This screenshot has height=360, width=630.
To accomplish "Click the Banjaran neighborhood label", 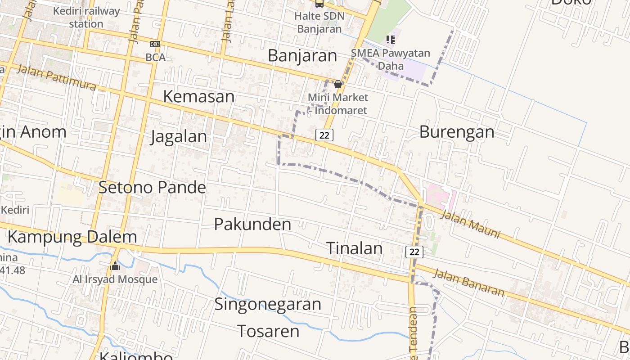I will tap(302, 56).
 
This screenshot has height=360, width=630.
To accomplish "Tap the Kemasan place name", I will tap(198, 96).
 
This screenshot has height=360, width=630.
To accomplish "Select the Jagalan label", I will tap(179, 136).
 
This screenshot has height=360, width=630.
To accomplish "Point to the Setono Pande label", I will tap(152, 187).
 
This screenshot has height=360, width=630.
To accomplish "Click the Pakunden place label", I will tap(252, 224).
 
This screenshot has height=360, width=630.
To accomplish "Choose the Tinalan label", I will tap(354, 248).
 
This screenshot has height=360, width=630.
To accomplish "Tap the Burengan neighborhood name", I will tap(457, 132).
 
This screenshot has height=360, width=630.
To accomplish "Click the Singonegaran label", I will tap(268, 304).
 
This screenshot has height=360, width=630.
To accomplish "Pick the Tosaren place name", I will tap(268, 331).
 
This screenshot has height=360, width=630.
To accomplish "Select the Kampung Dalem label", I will tap(72, 237).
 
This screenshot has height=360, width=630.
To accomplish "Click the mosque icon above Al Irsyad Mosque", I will tap(115, 266).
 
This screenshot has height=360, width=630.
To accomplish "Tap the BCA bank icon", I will tap(155, 44).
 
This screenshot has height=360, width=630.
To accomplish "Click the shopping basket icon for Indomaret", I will tap(338, 84).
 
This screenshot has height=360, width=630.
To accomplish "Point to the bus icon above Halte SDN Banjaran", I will tap(319, 4).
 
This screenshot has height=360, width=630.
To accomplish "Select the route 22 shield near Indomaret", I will tap(324, 135).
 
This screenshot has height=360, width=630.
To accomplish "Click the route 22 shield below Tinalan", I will tap(414, 252).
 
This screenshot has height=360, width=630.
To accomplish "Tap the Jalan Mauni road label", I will tap(470, 225).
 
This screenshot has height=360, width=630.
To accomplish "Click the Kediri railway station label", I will tap(86, 17).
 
